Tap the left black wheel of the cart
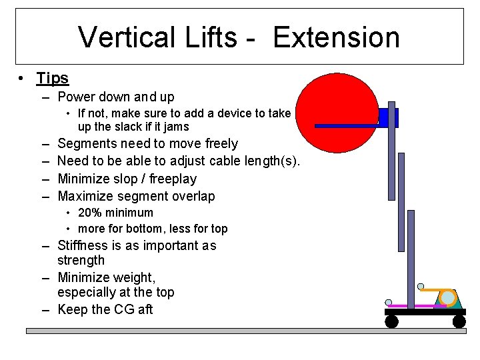(392, 321)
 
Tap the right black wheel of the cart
(459, 321)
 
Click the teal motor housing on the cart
(448, 299)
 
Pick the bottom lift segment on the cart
(411, 260)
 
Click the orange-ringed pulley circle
(448, 297)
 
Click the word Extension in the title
(336, 37)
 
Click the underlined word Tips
(53, 78)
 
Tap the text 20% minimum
(115, 213)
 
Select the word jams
(175, 127)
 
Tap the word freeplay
(171, 179)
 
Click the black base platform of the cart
(425, 311)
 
